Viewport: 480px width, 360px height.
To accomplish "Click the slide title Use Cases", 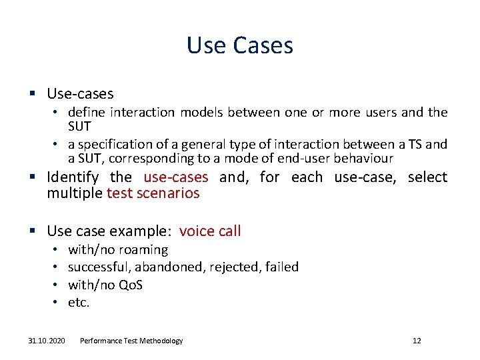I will click(x=240, y=45).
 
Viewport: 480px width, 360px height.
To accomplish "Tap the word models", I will click(x=201, y=113).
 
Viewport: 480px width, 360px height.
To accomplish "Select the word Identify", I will click(x=73, y=177).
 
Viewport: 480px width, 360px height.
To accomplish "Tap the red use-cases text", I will click(x=176, y=177).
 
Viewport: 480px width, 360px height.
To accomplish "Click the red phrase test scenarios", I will click(x=153, y=193).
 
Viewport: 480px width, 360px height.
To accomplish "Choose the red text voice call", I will click(x=210, y=231).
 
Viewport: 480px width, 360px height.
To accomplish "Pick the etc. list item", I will click(x=79, y=302).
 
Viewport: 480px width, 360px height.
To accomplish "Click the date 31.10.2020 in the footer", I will click(x=47, y=341).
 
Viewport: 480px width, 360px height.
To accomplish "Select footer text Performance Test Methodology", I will click(x=131, y=341).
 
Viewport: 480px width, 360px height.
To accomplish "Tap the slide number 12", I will click(x=417, y=341).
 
